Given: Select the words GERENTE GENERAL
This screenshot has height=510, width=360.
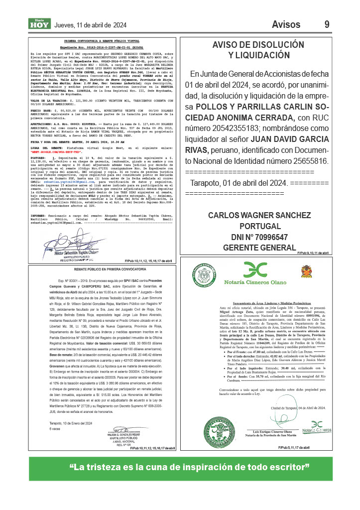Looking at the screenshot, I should (254, 248).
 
